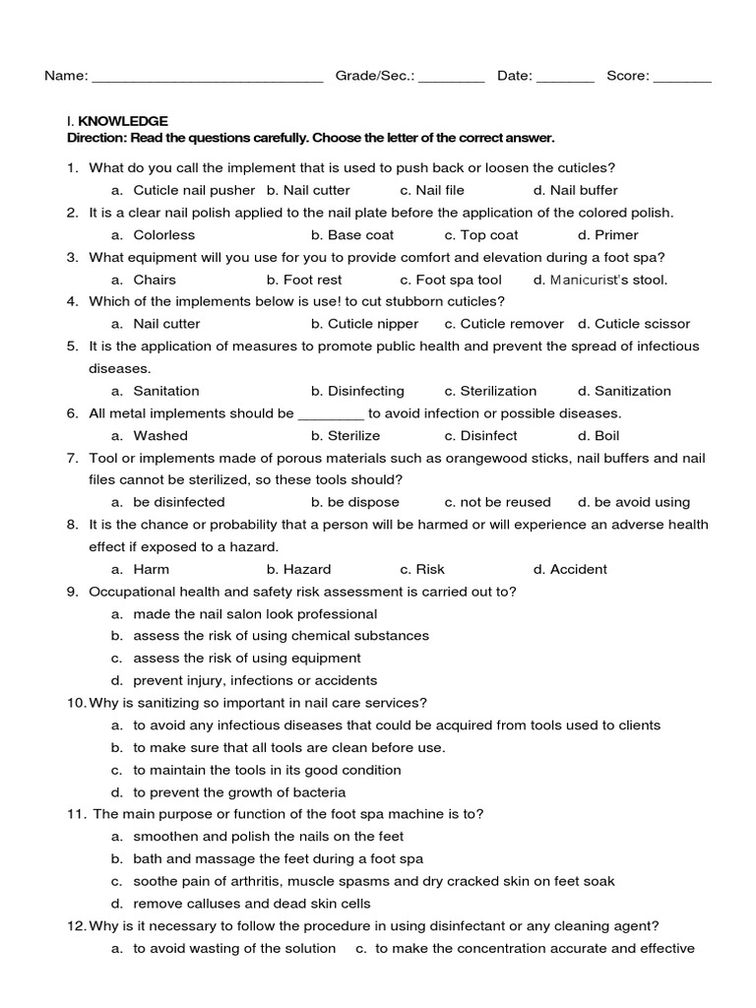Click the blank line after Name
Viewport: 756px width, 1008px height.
(207, 78)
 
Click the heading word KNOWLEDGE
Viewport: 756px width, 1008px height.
(137, 121)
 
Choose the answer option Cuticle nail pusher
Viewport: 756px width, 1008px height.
(194, 190)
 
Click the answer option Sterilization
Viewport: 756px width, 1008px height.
(498, 391)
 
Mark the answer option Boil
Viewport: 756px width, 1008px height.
(606, 435)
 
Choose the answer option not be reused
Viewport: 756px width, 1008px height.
(505, 502)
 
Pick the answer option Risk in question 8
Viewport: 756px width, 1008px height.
(430, 569)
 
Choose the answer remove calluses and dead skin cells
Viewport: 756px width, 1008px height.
(252, 904)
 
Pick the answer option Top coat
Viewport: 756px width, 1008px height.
(489, 235)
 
